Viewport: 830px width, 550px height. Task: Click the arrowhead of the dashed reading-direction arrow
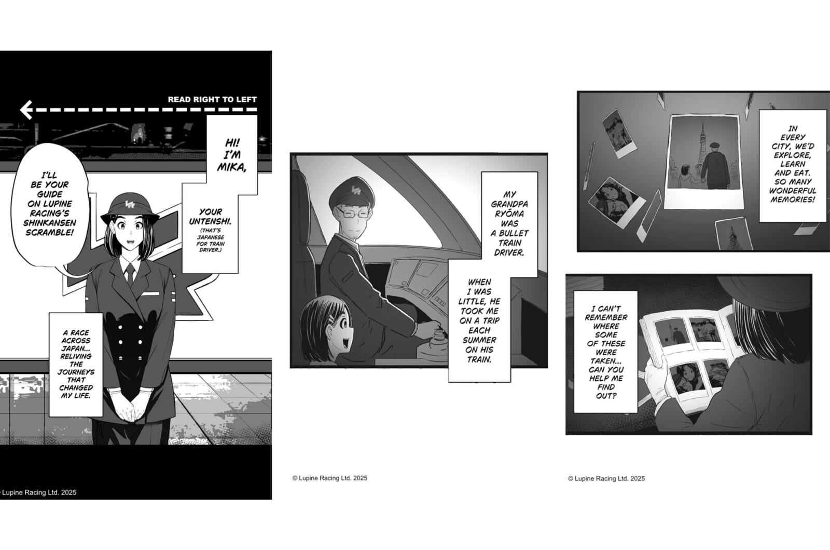tap(26, 110)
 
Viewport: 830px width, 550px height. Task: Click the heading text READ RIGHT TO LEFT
tap(212, 99)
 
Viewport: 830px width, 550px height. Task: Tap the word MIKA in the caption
tap(231, 167)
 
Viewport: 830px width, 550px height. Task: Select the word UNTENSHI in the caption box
tap(210, 221)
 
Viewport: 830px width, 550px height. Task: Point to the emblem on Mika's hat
tap(130, 204)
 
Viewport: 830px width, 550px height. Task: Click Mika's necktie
tap(130, 274)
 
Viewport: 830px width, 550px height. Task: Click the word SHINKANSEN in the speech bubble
tap(50, 223)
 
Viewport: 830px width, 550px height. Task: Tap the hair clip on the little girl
tap(331, 320)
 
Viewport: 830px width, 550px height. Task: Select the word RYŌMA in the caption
tap(509, 214)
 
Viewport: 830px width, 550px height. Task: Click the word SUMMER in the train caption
tap(479, 340)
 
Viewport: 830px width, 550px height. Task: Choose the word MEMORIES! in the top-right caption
tap(793, 199)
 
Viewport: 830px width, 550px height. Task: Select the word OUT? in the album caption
tap(606, 396)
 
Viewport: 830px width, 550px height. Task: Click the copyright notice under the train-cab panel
tap(330, 478)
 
